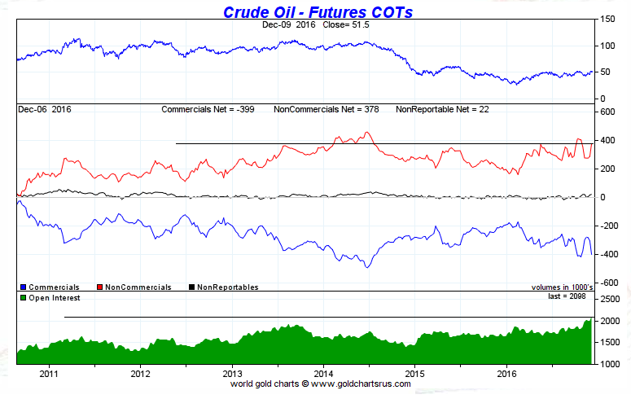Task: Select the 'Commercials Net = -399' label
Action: coord(209,109)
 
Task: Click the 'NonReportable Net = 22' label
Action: coord(440,109)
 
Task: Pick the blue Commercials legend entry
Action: coord(50,287)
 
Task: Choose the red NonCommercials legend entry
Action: coord(134,287)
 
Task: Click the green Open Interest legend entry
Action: coord(50,297)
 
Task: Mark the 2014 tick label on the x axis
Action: coord(324,375)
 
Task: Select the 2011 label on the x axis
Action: coord(49,375)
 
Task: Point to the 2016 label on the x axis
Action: coord(507,375)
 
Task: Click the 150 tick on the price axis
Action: coord(607,20)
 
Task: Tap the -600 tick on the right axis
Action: coord(607,283)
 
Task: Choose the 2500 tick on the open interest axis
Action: coord(609,300)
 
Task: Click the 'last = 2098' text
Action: coord(568,296)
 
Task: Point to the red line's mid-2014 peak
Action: coord(367,133)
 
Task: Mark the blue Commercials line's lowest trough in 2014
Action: coord(367,267)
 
